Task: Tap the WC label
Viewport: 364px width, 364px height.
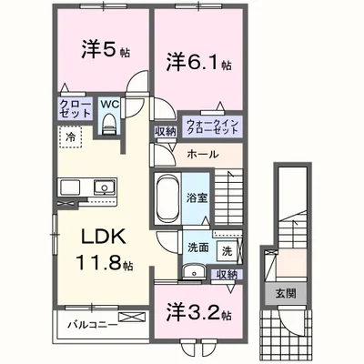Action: (108, 105)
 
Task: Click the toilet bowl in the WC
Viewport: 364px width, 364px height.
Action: (109, 128)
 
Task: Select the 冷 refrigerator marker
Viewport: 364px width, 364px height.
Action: (71, 136)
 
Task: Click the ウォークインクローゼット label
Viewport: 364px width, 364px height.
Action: (210, 126)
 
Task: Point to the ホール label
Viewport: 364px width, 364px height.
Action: (202, 155)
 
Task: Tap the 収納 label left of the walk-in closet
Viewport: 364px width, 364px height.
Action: (166, 132)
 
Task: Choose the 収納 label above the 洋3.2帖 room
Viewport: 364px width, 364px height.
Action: (227, 274)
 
